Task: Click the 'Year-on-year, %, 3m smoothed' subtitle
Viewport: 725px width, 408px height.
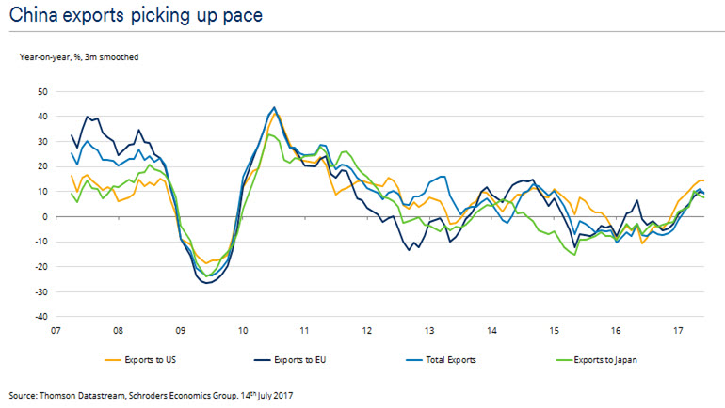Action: pos(79,57)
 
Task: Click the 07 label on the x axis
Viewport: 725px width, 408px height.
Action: pos(56,331)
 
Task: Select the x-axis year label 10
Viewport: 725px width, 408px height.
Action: pos(243,331)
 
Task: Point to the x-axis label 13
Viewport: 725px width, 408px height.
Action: pos(429,331)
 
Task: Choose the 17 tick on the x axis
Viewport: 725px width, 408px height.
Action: pos(678,331)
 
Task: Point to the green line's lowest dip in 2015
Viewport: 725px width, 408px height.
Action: pos(574,255)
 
